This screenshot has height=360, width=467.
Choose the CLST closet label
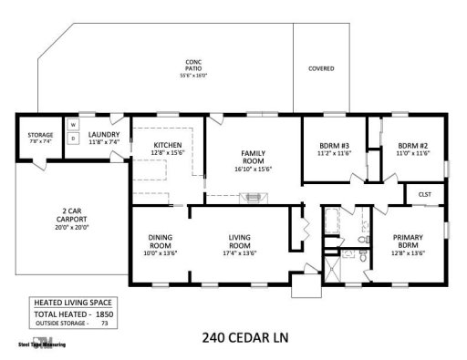(424, 194)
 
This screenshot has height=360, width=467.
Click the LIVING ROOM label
(239, 240)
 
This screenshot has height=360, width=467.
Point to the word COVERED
(321, 68)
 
